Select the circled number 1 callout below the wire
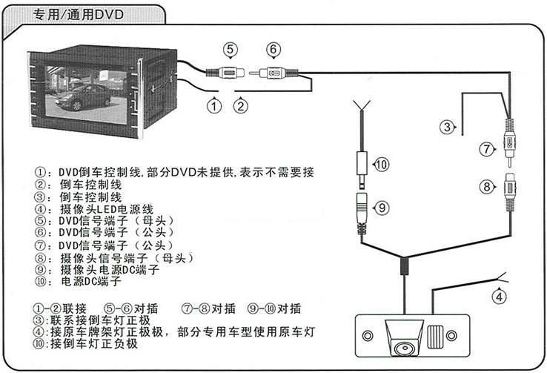215,105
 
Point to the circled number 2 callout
240,105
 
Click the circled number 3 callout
447,128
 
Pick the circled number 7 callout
486,149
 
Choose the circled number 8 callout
487,187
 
